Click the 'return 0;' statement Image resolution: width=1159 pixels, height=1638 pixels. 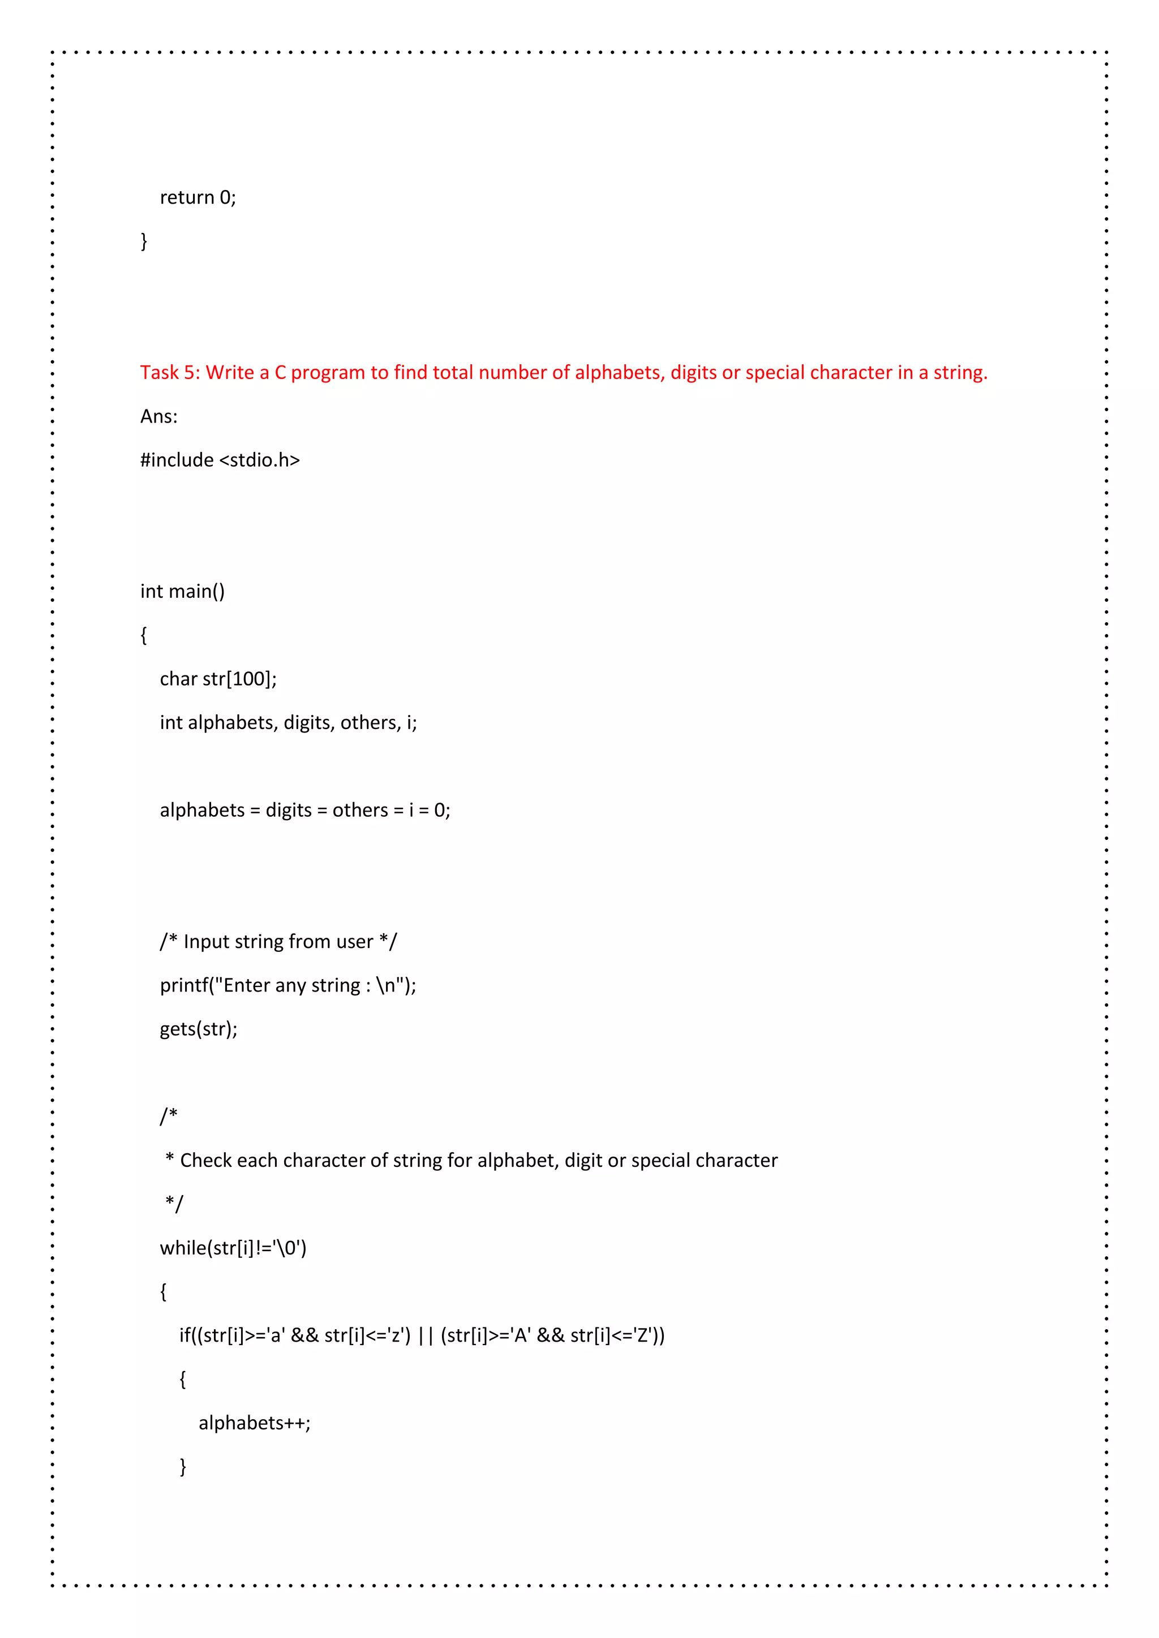click(x=198, y=197)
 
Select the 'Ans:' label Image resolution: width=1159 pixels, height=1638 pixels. click(x=158, y=417)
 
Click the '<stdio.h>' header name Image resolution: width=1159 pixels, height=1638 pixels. click(x=260, y=460)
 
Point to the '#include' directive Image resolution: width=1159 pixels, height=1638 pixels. click(x=177, y=460)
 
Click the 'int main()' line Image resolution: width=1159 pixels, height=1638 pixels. click(x=182, y=592)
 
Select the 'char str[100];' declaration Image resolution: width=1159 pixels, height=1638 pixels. click(x=218, y=679)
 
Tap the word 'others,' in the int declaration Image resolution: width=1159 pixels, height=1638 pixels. click(x=371, y=723)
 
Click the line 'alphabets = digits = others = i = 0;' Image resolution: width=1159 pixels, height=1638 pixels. click(x=304, y=811)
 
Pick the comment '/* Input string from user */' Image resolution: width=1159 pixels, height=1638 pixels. click(x=278, y=942)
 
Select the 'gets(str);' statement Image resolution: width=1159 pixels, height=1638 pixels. click(x=199, y=1029)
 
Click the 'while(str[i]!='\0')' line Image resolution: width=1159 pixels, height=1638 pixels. click(x=233, y=1248)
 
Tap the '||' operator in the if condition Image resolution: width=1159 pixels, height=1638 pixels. click(x=426, y=1335)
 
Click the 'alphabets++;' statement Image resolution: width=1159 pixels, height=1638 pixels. click(x=254, y=1423)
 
